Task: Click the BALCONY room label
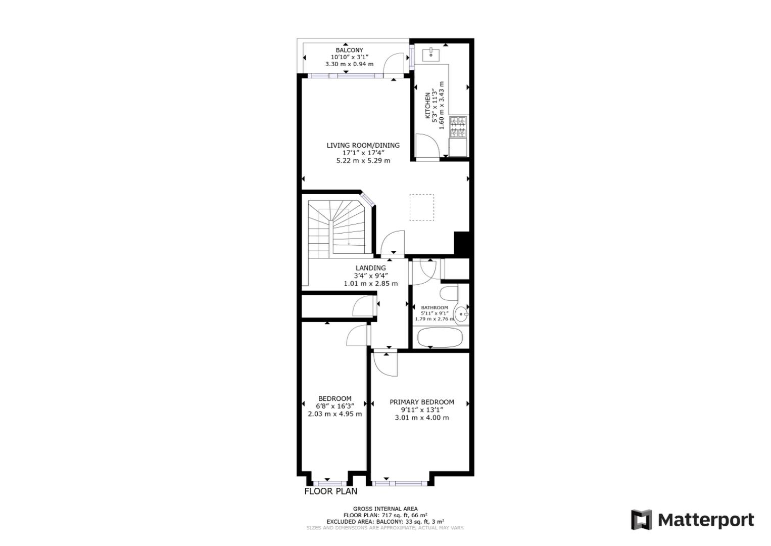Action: pos(349,51)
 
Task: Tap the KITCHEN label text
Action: pos(427,106)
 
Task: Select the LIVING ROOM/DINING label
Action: pos(363,146)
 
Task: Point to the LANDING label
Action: pos(370,268)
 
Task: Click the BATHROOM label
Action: pos(435,307)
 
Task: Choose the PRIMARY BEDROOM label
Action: pos(421,402)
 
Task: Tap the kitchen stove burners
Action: pos(458,127)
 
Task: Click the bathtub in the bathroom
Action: pos(438,337)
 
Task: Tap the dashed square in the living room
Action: pos(421,207)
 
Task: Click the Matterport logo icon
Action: pos(642,520)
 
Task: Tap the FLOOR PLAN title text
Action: pos(330,491)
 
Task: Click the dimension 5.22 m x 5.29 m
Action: pos(363,161)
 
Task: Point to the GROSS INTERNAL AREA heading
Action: pos(385,509)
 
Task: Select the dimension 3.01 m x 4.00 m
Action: pos(421,418)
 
